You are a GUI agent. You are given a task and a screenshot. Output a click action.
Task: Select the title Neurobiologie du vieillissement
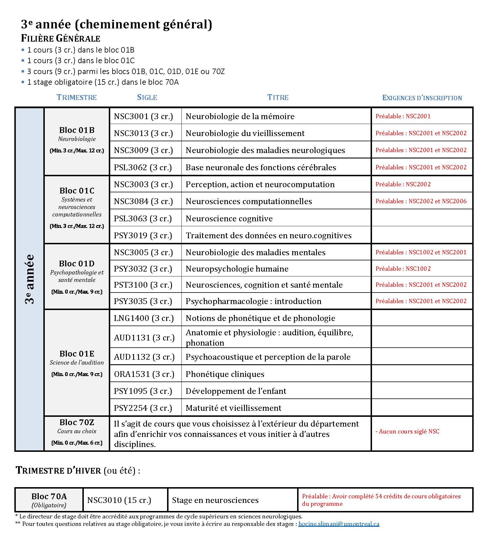[245, 133]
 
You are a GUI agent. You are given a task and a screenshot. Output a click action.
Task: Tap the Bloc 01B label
[77, 130]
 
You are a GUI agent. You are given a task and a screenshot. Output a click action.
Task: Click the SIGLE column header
[147, 97]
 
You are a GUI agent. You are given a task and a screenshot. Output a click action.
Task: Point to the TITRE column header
[278, 97]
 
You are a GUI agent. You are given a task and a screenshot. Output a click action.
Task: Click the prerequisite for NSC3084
[421, 201]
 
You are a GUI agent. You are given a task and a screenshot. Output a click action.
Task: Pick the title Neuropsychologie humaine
[237, 269]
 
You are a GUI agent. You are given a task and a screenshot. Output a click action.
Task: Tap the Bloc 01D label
[77, 264]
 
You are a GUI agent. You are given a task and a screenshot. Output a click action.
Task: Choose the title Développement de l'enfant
[236, 391]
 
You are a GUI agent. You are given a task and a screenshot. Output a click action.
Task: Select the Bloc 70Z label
[77, 422]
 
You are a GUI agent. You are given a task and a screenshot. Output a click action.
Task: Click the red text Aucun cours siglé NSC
[408, 431]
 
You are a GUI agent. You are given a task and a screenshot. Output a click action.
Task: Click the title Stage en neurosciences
[215, 500]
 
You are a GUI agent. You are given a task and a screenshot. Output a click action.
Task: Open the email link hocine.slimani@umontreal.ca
[339, 524]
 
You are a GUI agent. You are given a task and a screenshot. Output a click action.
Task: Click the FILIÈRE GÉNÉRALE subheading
[61, 38]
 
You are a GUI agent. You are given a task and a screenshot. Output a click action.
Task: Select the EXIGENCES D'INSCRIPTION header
[422, 98]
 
